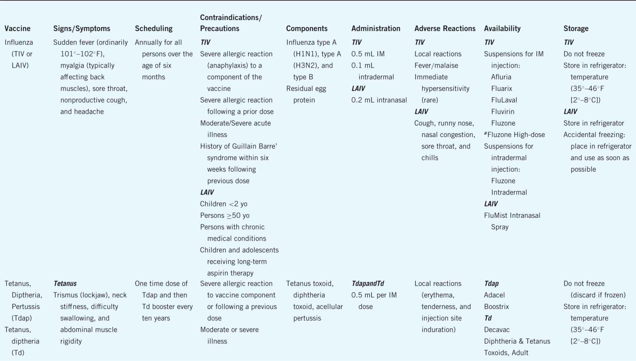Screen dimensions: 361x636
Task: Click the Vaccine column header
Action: (17, 29)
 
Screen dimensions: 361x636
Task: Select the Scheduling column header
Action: (154, 29)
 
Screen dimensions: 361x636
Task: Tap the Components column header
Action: (306, 29)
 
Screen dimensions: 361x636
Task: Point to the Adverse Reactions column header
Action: (444, 29)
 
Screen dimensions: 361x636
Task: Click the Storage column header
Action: (576, 29)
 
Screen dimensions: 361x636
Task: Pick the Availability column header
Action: (502, 29)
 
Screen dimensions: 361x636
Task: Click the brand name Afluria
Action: (501, 77)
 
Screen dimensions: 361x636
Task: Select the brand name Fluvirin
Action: (503, 112)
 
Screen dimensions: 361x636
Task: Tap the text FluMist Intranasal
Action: (512, 215)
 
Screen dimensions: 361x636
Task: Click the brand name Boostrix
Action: (496, 307)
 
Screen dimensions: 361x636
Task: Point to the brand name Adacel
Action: (494, 295)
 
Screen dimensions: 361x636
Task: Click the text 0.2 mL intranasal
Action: (379, 100)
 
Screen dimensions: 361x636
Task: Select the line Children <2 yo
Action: (223, 204)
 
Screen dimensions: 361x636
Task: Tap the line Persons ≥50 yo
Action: (224, 215)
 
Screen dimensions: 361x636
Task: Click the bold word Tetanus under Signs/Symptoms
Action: (65, 284)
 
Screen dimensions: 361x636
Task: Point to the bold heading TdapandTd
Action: (368, 284)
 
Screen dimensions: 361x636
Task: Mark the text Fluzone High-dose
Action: (516, 135)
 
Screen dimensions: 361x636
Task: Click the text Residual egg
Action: (306, 89)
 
